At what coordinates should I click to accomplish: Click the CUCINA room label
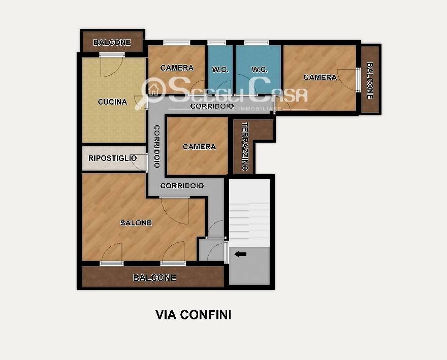point(112,102)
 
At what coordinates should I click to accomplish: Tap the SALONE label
point(136,222)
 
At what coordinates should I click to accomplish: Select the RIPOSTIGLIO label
point(112,158)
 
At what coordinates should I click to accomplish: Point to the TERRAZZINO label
point(245,146)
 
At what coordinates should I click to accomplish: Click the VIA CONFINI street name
point(194,315)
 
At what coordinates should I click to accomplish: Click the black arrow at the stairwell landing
point(240,254)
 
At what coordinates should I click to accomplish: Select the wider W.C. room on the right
point(258,69)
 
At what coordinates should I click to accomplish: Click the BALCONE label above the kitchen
point(112,43)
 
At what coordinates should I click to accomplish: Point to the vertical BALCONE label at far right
point(370,81)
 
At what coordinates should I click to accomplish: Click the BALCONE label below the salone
point(154,278)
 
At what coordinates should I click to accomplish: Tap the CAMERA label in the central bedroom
point(199,147)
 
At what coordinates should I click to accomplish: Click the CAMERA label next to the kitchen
point(177,68)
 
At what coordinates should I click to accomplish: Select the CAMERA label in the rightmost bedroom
point(320,77)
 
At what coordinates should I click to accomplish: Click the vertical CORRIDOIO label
point(157,146)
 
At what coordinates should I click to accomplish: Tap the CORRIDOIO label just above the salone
point(182,186)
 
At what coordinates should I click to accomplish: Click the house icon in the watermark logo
point(154,90)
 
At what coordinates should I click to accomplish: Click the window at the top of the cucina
point(112,55)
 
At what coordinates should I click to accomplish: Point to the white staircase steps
point(249,213)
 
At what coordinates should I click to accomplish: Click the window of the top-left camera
point(177,43)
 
